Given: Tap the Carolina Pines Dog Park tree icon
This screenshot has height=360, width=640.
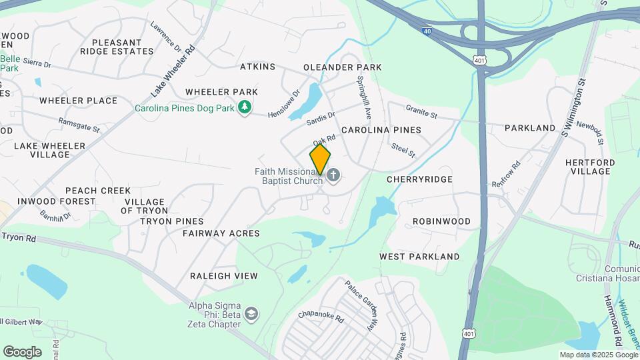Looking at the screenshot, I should [245, 107].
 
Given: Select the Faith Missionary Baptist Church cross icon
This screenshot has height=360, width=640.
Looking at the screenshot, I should [333, 175].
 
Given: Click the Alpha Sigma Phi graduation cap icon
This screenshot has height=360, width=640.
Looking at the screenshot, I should [251, 313].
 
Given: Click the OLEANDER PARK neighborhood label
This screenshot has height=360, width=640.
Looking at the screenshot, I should [342, 67].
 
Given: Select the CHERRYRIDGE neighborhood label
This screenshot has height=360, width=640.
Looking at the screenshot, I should [419, 179].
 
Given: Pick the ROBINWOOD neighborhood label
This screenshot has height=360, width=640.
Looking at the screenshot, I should [441, 221].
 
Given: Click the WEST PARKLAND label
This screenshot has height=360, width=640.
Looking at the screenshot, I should [419, 257].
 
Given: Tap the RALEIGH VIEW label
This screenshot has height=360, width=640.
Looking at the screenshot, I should [223, 276].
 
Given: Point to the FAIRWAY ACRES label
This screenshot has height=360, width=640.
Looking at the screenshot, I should [221, 233].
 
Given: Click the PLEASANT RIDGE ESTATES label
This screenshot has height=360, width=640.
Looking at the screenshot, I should [117, 47].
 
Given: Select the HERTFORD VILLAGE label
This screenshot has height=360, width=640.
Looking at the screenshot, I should [590, 167].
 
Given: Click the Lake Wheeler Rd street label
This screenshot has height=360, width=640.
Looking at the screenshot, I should [173, 70].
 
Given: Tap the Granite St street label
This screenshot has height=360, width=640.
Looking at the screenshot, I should [421, 111].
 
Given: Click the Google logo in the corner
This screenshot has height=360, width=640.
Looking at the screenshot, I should [22, 352].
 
